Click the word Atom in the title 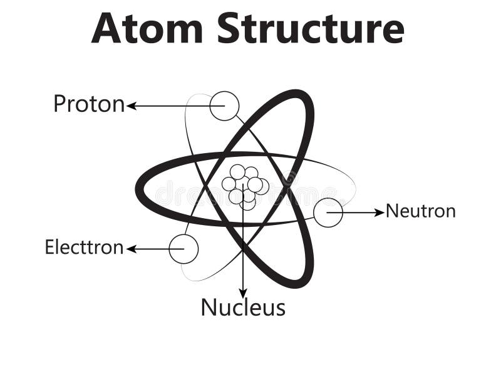(147, 28)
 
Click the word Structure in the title (311, 28)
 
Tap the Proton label (88, 104)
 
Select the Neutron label (420, 211)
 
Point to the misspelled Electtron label (84, 247)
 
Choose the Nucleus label (243, 307)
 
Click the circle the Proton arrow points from (224, 106)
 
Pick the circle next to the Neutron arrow (328, 212)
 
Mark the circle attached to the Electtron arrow (183, 249)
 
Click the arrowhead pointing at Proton (131, 106)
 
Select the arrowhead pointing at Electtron (131, 249)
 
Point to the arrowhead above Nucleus (243, 293)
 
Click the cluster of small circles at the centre (245, 186)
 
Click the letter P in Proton (59, 104)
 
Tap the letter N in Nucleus (208, 307)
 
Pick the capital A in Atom (106, 28)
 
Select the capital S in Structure (229, 28)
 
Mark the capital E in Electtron (49, 247)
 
